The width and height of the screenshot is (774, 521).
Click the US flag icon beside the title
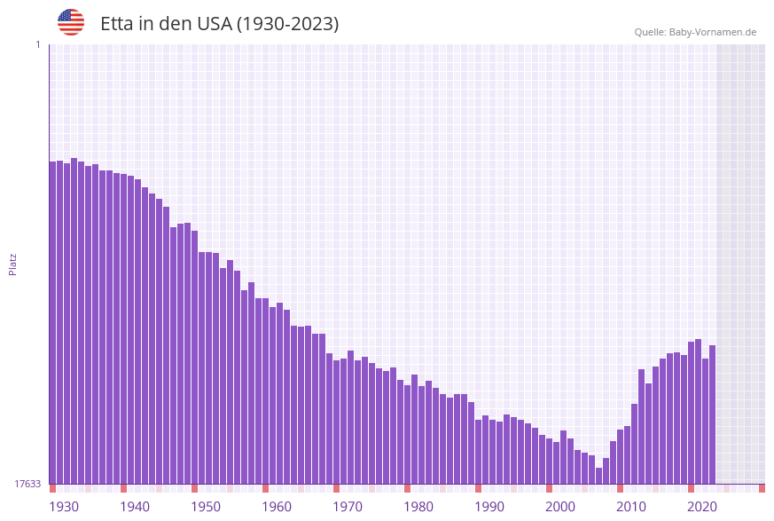(71, 22)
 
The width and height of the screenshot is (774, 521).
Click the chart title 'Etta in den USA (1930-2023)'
(219, 24)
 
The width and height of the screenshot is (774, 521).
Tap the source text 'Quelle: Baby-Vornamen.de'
(695, 32)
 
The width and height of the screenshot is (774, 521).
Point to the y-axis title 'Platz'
(13, 264)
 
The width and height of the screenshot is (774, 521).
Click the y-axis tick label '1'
(37, 44)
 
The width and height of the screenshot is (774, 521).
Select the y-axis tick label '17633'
(27, 484)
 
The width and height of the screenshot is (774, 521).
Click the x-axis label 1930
(64, 506)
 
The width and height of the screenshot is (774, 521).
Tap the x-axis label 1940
(135, 506)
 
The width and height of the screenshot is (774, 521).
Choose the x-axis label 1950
(206, 506)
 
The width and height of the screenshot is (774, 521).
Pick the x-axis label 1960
(277, 506)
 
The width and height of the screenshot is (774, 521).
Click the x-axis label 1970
(348, 506)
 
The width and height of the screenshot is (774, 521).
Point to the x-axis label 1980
(418, 506)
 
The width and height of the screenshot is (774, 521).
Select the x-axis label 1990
(489, 506)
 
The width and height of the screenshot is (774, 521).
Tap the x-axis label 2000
(560, 506)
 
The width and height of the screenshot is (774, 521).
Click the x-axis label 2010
(631, 506)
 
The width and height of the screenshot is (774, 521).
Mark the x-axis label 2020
(702, 506)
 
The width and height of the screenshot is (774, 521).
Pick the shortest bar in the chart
(598, 476)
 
